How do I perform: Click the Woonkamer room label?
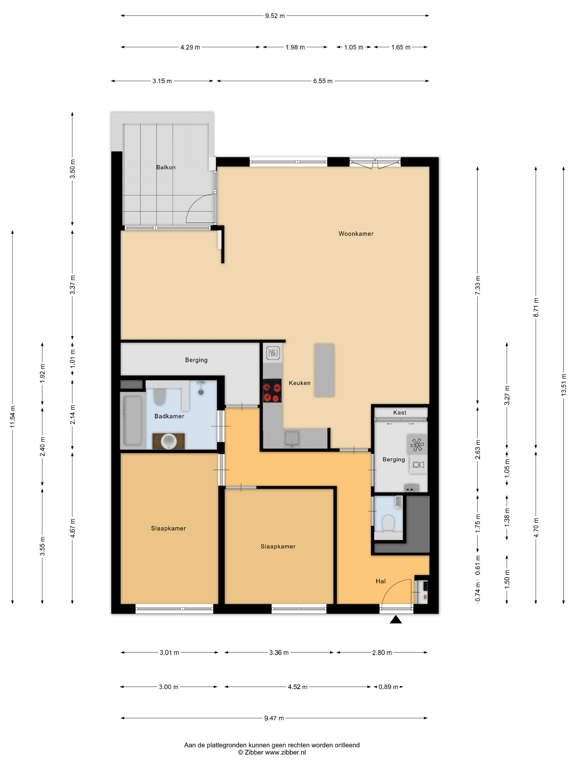point(356,234)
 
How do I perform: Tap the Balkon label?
point(166,167)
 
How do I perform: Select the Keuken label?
point(300,383)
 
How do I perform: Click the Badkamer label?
point(169,416)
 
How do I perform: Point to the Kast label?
point(400,413)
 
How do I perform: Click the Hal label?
point(380,581)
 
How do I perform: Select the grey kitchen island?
point(324,370)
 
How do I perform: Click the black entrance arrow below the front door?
point(396,620)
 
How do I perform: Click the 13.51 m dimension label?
point(564,384)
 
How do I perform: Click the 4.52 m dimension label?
point(298,687)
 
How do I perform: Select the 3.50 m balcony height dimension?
point(72,169)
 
